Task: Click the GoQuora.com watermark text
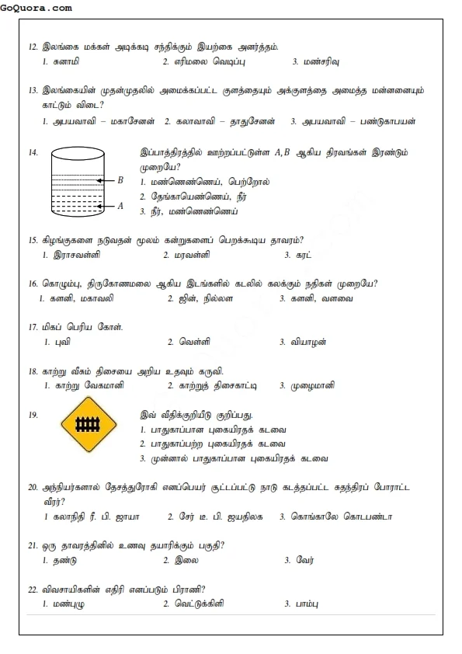(36, 8)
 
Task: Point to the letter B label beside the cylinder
(120, 179)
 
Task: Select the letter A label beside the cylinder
(120, 206)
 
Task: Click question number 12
(33, 47)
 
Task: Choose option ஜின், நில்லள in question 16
(205, 298)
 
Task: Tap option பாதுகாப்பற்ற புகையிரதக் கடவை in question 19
(221, 444)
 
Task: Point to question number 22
(33, 589)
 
